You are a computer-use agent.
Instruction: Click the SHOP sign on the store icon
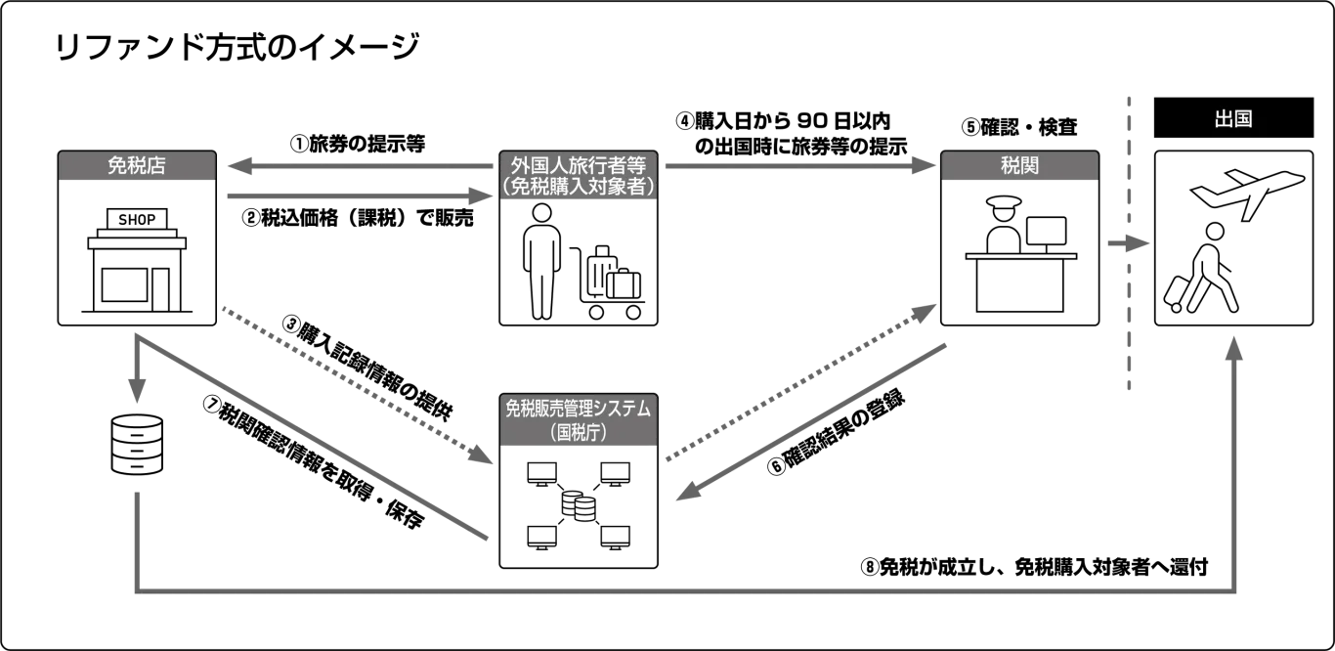point(137,219)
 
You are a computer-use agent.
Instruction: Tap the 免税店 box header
point(137,165)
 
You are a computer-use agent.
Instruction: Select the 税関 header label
point(1019,165)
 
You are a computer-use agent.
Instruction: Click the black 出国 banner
point(1233,118)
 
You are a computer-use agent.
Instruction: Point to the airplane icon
point(1248,193)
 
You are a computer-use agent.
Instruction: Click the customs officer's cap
point(1004,202)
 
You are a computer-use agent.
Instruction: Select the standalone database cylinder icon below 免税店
point(137,445)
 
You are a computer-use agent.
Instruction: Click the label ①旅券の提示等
point(358,144)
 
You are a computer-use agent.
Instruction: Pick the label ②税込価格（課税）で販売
point(358,218)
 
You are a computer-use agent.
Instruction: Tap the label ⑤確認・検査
point(1019,127)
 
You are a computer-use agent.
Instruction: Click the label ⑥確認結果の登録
point(836,433)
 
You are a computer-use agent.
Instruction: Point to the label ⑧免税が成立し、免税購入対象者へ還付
point(1034,567)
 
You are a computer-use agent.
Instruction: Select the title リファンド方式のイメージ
point(237,47)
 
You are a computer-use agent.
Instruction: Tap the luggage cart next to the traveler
point(607,282)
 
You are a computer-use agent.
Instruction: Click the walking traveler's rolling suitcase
point(1177,293)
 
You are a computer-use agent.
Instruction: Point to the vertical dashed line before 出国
point(1129,243)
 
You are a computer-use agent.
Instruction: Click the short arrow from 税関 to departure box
point(1128,243)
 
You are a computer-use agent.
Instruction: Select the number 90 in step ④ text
point(812,121)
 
